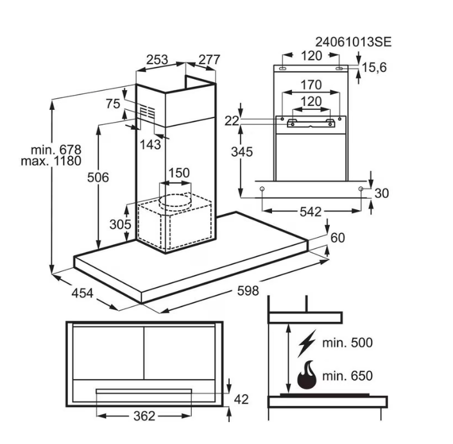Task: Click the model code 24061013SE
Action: [x=353, y=42]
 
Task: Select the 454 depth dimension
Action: [x=82, y=294]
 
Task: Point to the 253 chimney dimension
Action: [x=157, y=60]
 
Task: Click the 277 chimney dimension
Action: [x=209, y=60]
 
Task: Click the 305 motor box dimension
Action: [x=120, y=224]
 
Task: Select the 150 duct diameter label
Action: [x=179, y=173]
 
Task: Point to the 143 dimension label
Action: [x=150, y=145]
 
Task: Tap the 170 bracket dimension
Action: [x=311, y=84]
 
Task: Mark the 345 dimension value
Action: [x=243, y=152]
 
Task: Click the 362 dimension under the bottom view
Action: [x=144, y=416]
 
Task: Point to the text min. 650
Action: [x=347, y=376]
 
